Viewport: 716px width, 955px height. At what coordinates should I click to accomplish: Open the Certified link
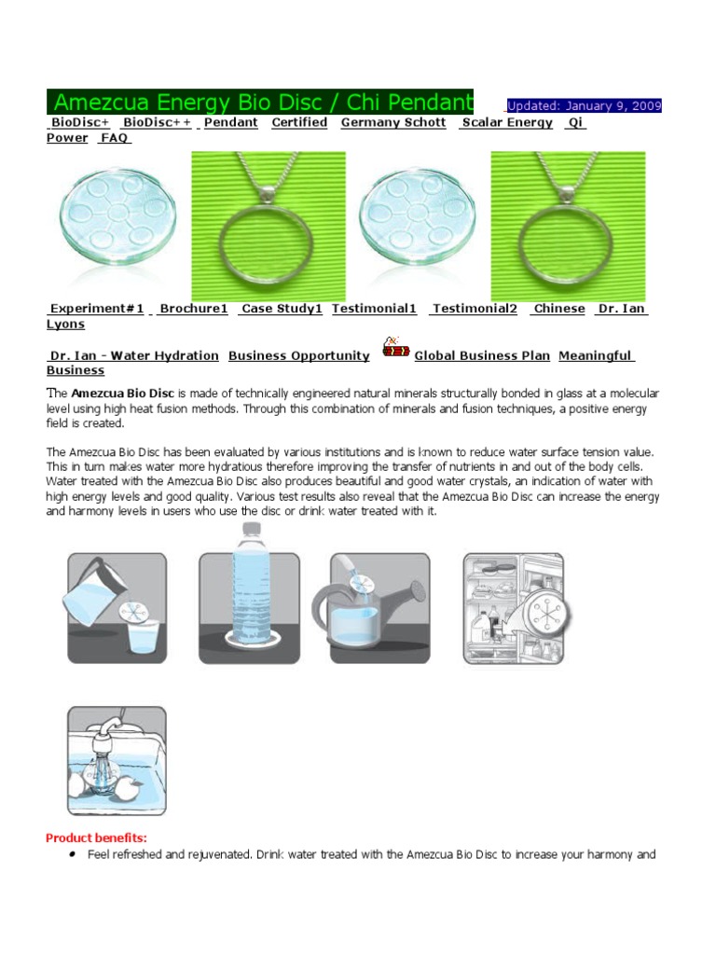(x=299, y=122)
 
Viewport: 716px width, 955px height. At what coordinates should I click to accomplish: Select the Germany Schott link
(x=392, y=122)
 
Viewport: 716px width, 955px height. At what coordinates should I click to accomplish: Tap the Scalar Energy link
(x=507, y=122)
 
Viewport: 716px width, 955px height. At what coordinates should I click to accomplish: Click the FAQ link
(x=116, y=138)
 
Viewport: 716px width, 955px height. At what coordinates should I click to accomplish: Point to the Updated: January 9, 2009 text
(x=584, y=105)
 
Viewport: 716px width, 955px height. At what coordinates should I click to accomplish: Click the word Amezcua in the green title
(x=102, y=102)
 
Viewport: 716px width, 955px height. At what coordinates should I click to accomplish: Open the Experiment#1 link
(x=97, y=309)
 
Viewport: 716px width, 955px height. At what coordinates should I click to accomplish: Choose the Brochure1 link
(x=194, y=309)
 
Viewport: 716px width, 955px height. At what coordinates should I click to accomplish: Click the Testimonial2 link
(x=475, y=309)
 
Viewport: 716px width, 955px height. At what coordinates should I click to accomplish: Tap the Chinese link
(x=559, y=309)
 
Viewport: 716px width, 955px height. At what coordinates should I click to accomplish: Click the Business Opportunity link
(x=298, y=355)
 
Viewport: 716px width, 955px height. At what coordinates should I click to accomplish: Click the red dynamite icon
(x=395, y=349)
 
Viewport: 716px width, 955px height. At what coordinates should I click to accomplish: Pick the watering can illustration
(x=379, y=608)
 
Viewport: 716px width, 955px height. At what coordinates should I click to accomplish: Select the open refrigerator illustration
(x=515, y=608)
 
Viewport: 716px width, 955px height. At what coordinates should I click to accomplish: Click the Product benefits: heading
(x=97, y=837)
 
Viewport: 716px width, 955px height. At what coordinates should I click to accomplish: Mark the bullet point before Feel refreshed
(x=72, y=853)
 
